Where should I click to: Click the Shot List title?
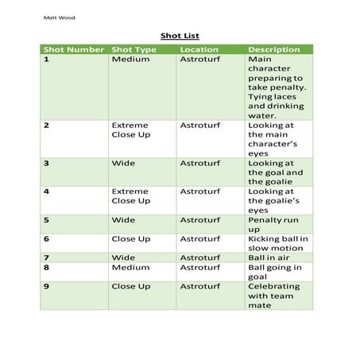[x=179, y=35]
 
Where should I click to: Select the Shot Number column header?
[x=74, y=49]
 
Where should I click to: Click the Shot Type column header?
[x=134, y=49]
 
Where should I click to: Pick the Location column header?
[x=199, y=49]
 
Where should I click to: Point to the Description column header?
[x=274, y=49]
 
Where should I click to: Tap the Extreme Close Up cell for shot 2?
[x=130, y=131]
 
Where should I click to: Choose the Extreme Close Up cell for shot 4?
[x=130, y=196]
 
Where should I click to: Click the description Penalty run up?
[x=274, y=225]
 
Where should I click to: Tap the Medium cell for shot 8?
[x=130, y=268]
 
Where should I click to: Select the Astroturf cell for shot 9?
[x=199, y=286]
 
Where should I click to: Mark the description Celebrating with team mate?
[x=274, y=295]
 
